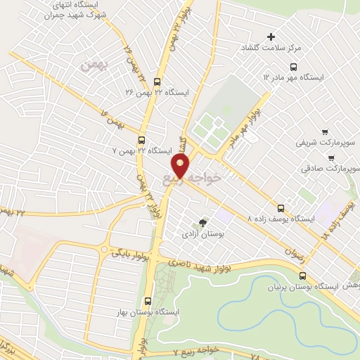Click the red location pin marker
point(181,166)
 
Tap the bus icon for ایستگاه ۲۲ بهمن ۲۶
point(157,80)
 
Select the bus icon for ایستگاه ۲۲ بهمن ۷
point(142,139)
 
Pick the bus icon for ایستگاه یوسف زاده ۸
point(282,208)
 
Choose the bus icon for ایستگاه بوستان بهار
point(147,300)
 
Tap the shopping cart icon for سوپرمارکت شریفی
point(324,132)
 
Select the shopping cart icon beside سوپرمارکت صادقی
point(354,169)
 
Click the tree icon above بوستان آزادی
point(204,221)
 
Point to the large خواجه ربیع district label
point(198,175)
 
